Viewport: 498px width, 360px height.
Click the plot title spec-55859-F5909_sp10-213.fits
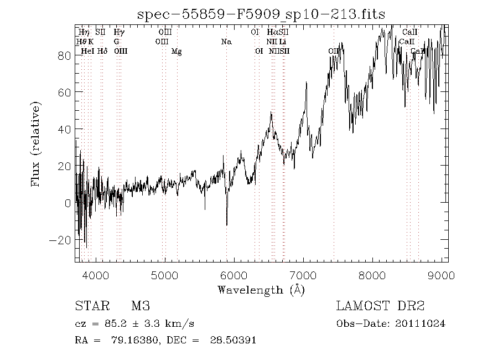261,13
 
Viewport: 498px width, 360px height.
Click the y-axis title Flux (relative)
37,143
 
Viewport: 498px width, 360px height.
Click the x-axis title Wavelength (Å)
261,289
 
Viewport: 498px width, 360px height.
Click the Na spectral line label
226,42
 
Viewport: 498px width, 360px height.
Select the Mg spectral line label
177,52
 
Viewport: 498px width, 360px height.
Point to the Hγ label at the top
118,33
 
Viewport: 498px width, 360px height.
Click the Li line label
283,42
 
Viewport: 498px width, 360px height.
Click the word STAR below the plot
89,306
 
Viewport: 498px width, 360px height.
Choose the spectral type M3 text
141,306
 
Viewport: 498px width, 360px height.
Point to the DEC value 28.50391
232,340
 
